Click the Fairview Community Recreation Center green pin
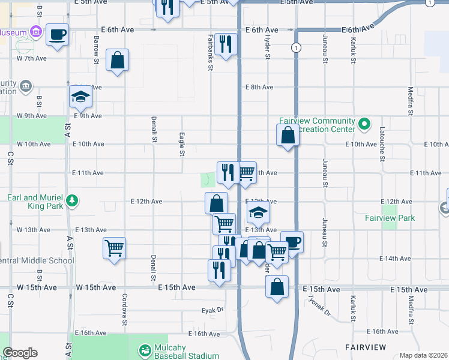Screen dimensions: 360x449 pos(364,125)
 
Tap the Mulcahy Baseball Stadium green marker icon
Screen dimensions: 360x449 pos(145,350)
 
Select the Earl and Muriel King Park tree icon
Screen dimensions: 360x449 pos(72,200)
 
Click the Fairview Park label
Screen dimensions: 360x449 pos(390,218)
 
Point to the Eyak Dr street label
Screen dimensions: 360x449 pos(212,311)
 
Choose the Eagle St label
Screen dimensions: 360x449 pos(181,145)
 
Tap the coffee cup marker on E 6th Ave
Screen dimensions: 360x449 pos(57,34)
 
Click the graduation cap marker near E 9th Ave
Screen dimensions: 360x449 pos(80,95)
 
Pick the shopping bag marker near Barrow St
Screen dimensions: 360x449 pos(117,59)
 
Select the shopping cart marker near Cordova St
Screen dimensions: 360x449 pos(114,247)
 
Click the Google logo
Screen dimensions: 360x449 pos(20,353)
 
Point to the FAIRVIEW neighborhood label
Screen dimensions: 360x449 pos(367,347)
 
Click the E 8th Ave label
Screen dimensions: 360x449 pos(259,87)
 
